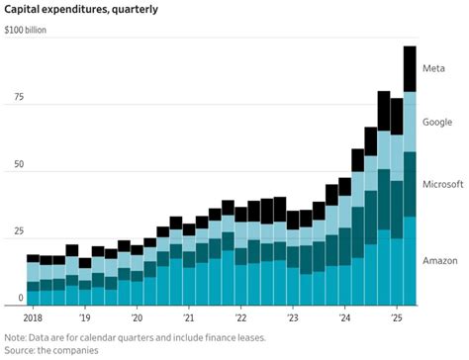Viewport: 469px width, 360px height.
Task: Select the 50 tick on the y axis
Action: pos(13,166)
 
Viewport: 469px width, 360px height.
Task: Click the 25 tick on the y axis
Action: pos(13,231)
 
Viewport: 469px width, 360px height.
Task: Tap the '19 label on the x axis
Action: pos(85,318)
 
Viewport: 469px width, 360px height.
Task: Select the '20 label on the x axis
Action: pos(137,318)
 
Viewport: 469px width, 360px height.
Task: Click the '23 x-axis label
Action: pos(293,318)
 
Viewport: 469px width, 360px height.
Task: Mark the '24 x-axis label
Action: pos(344,318)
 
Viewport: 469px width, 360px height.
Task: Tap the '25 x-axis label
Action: pos(396,318)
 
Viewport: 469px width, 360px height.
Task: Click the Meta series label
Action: pos(433,68)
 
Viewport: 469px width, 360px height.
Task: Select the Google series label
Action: pos(437,122)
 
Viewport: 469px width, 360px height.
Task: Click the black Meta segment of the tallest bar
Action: pos(409,69)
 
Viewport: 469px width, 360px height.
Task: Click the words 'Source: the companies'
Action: pos(55,350)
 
